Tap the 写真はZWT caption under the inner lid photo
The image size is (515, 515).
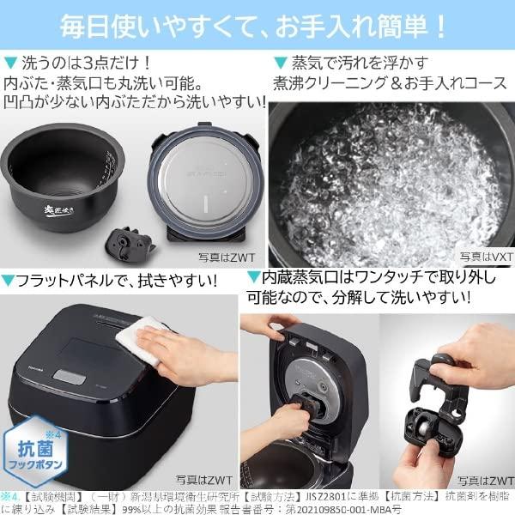tap(222, 255)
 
